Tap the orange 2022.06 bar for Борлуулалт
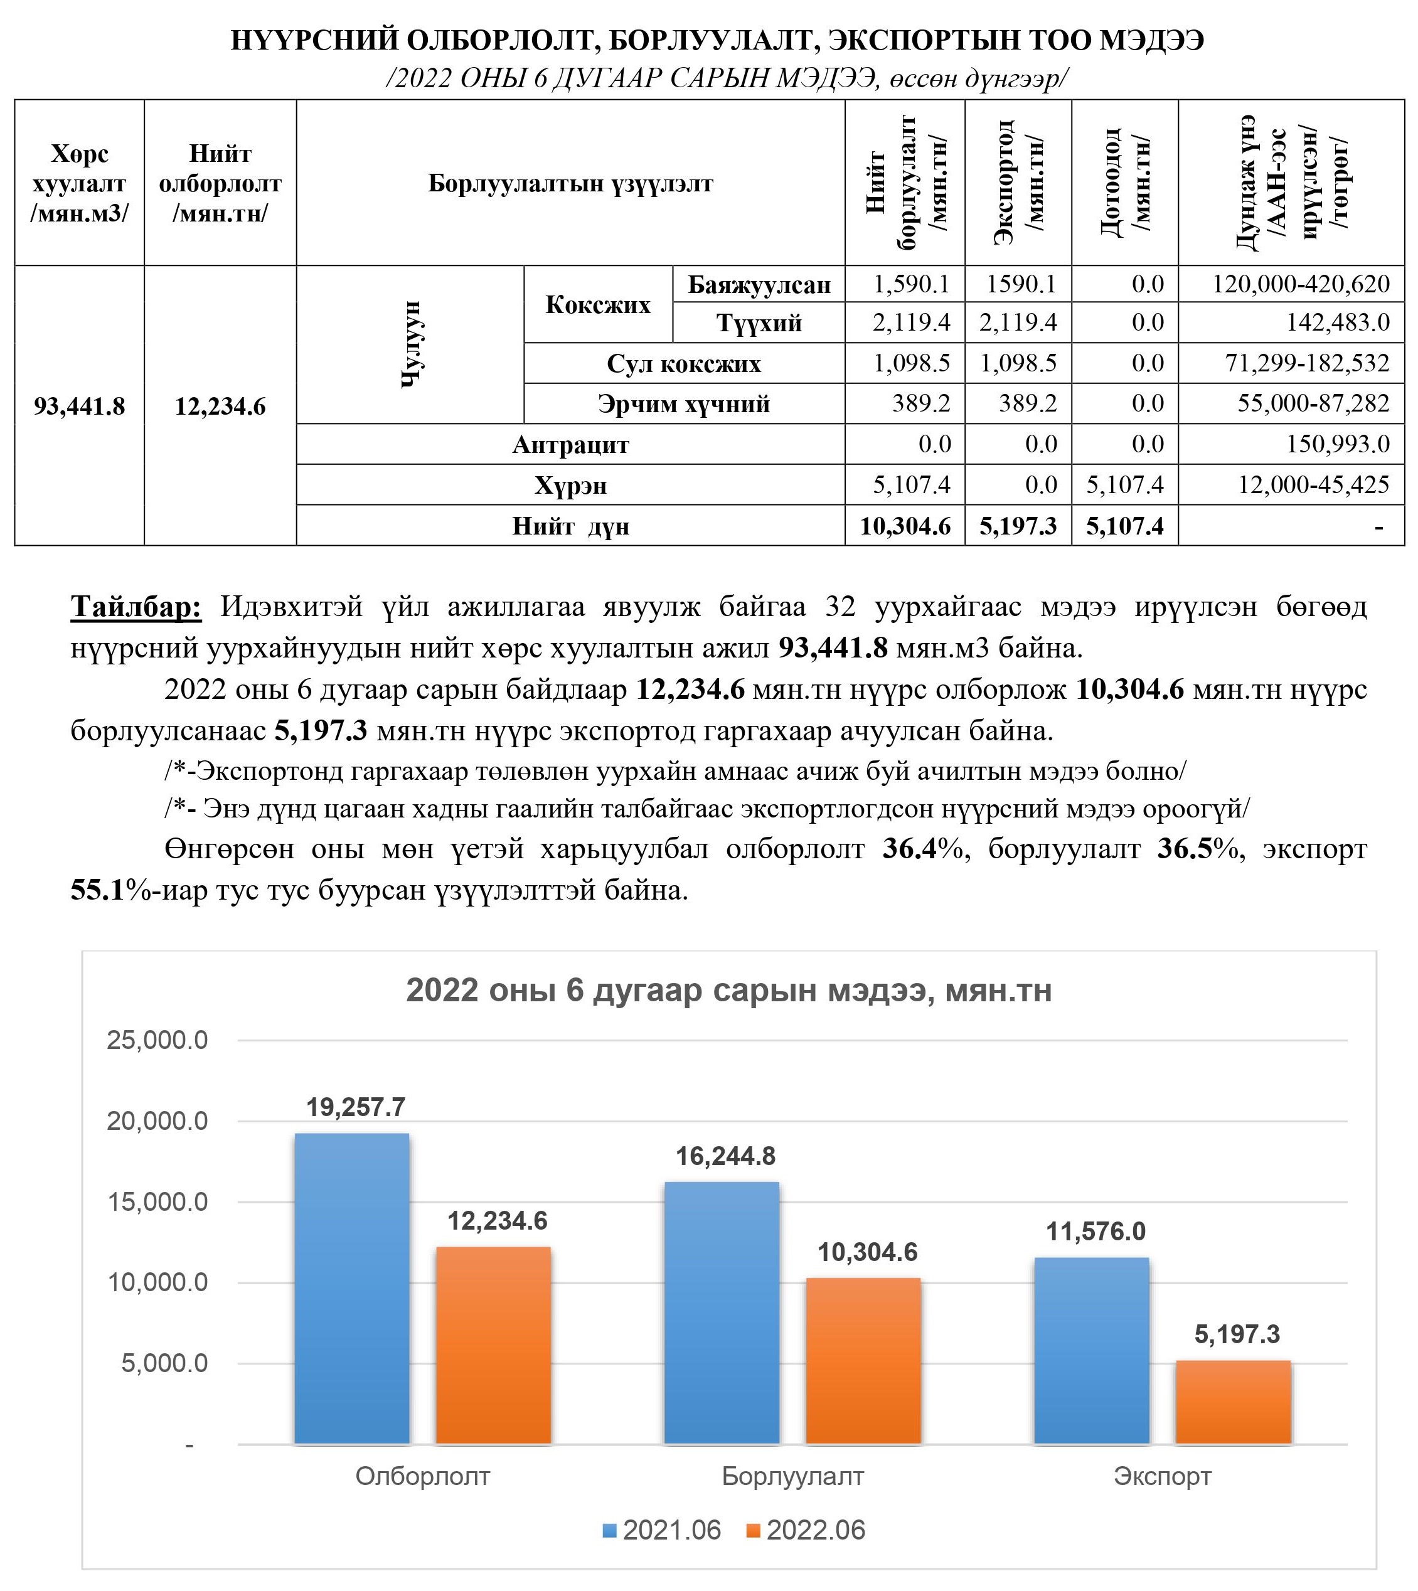[x=863, y=1360]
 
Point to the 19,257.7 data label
[x=355, y=1107]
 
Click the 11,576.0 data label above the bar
[x=1095, y=1231]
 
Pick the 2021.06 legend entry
[x=661, y=1530]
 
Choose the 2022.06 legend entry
[x=806, y=1530]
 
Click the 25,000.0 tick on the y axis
[x=157, y=1040]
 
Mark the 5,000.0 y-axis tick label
[x=164, y=1363]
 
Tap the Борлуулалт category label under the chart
[x=792, y=1476]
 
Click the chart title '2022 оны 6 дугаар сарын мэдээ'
[x=728, y=990]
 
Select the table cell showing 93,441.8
[x=80, y=406]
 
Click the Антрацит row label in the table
[x=570, y=445]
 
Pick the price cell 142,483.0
[x=1337, y=322]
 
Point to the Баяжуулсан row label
[x=759, y=284]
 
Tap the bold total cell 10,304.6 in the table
[x=905, y=526]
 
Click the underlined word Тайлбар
[x=136, y=606]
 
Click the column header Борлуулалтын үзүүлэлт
[x=570, y=183]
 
